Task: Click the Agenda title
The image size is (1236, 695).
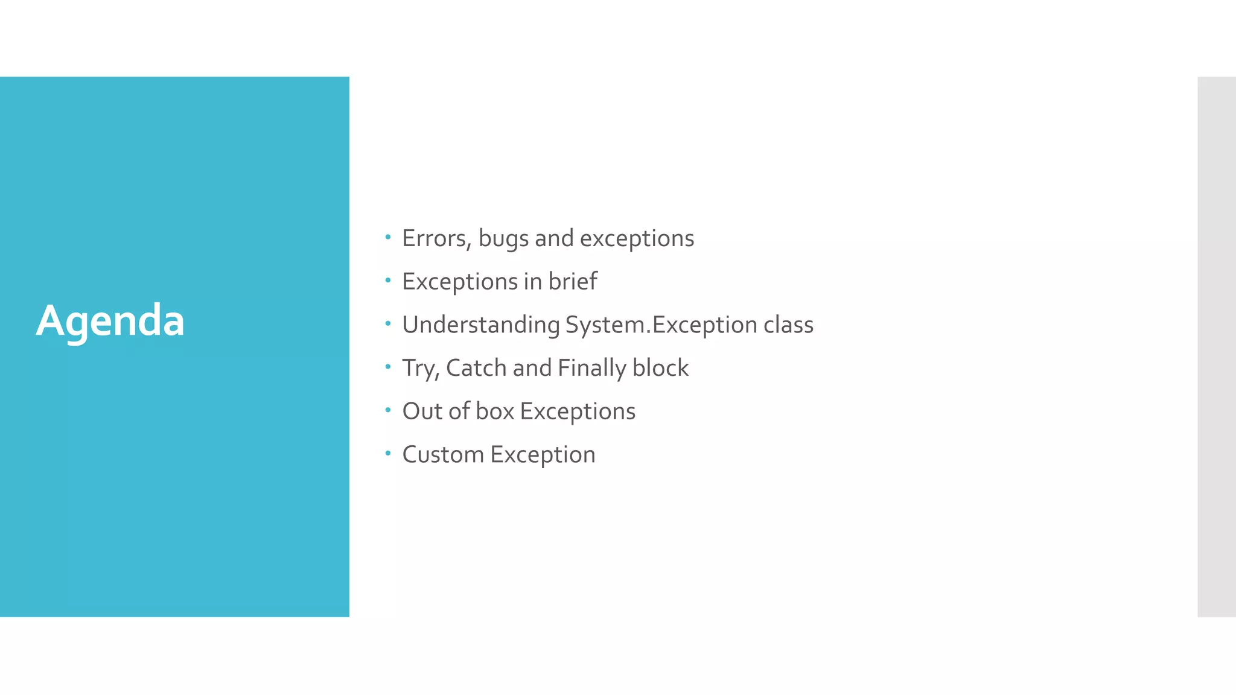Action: (110, 320)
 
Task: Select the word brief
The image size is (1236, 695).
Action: (572, 281)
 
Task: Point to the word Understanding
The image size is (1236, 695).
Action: (481, 325)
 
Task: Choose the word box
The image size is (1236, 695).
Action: (495, 411)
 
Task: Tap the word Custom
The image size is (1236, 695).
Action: (443, 455)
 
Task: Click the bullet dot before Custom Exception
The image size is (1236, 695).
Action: (388, 453)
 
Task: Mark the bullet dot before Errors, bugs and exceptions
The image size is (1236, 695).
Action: (388, 237)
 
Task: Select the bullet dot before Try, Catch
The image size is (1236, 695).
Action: (388, 367)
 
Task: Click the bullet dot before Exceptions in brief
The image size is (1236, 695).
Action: (388, 281)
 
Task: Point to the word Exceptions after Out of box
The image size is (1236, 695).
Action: (578, 412)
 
